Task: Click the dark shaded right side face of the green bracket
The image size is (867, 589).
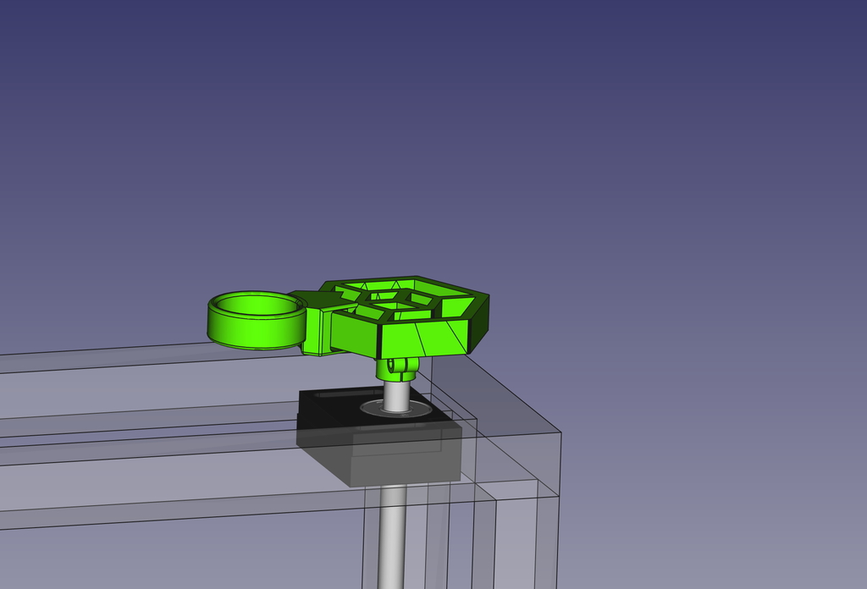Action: pos(478,322)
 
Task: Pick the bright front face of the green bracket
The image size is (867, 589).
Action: pos(423,339)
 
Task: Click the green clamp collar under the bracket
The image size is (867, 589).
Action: pos(395,367)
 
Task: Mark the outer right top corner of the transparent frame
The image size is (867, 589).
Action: pos(560,432)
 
